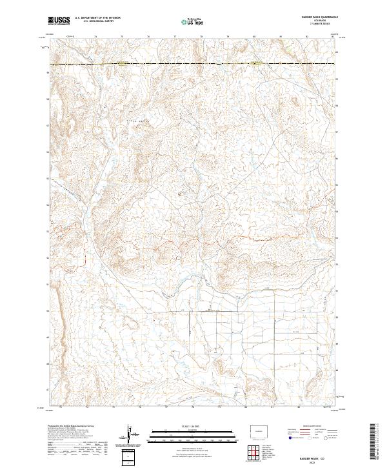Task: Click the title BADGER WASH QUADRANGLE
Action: point(315,17)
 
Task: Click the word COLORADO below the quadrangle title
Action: point(315,21)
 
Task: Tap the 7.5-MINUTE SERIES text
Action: point(315,25)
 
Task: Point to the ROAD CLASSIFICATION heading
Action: point(313,427)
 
